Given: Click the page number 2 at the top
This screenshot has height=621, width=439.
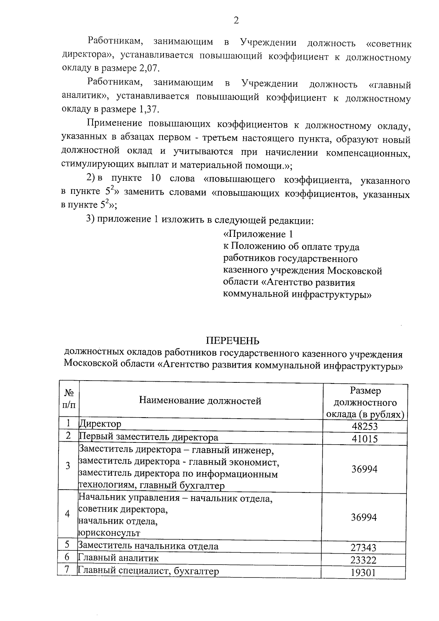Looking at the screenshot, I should pos(236,20).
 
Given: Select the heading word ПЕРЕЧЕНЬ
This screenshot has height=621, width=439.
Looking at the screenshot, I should pos(233,341).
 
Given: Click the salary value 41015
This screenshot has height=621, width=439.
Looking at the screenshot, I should pos(365,439).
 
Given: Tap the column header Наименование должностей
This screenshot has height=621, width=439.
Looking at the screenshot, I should pos(200,401).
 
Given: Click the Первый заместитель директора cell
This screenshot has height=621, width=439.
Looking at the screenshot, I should pos(149,437).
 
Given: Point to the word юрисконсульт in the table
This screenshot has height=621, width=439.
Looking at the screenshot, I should pos(109,533).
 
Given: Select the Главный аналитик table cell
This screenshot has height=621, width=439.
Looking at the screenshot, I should pos(119,558).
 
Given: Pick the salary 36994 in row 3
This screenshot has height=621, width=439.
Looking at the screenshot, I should pos(365,469).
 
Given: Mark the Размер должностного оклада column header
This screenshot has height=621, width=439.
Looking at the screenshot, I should pos(365,403).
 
